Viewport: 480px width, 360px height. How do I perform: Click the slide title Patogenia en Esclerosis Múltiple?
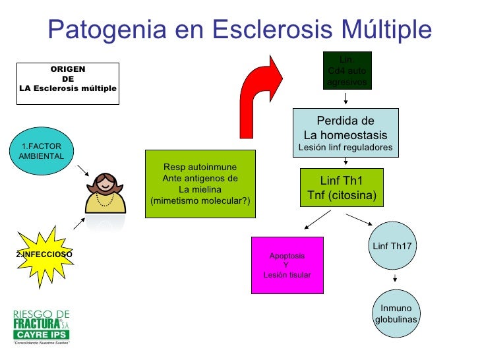pos(240,28)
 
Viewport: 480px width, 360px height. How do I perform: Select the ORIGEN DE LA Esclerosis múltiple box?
pos(68,83)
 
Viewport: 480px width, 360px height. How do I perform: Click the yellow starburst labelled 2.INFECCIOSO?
pos(44,254)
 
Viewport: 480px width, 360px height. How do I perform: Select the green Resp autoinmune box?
pos(200,183)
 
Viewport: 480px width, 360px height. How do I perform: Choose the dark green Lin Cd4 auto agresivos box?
pos(347,71)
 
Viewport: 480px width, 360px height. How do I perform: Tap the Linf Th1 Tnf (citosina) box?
pos(341,187)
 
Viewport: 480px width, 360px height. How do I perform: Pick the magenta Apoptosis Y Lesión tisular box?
pos(287,264)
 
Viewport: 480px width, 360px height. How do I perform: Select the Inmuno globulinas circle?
pos(396,314)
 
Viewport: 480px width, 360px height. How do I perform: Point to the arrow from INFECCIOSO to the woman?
pos(78,224)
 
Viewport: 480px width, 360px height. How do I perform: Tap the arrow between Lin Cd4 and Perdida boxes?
pos(345,99)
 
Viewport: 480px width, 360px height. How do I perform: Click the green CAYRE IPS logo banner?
pos(42,335)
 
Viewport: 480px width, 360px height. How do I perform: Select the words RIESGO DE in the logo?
pos(42,313)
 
